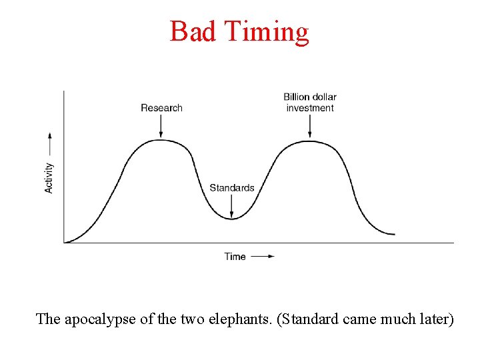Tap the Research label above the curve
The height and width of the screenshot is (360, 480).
tap(161, 108)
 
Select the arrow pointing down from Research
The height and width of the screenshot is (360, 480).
tap(161, 126)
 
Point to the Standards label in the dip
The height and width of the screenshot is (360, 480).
tap(232, 188)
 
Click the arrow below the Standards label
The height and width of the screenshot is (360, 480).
tap(232, 206)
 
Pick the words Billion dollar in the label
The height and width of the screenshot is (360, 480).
tap(310, 97)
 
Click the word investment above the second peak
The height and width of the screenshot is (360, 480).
tap(310, 108)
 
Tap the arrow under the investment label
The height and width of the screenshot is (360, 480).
tap(310, 126)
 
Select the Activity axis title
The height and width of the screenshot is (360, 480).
tap(49, 178)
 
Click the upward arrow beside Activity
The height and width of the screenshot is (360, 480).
tap(49, 144)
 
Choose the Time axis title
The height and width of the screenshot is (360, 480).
tap(235, 257)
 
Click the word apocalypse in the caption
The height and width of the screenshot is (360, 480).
tap(100, 319)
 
